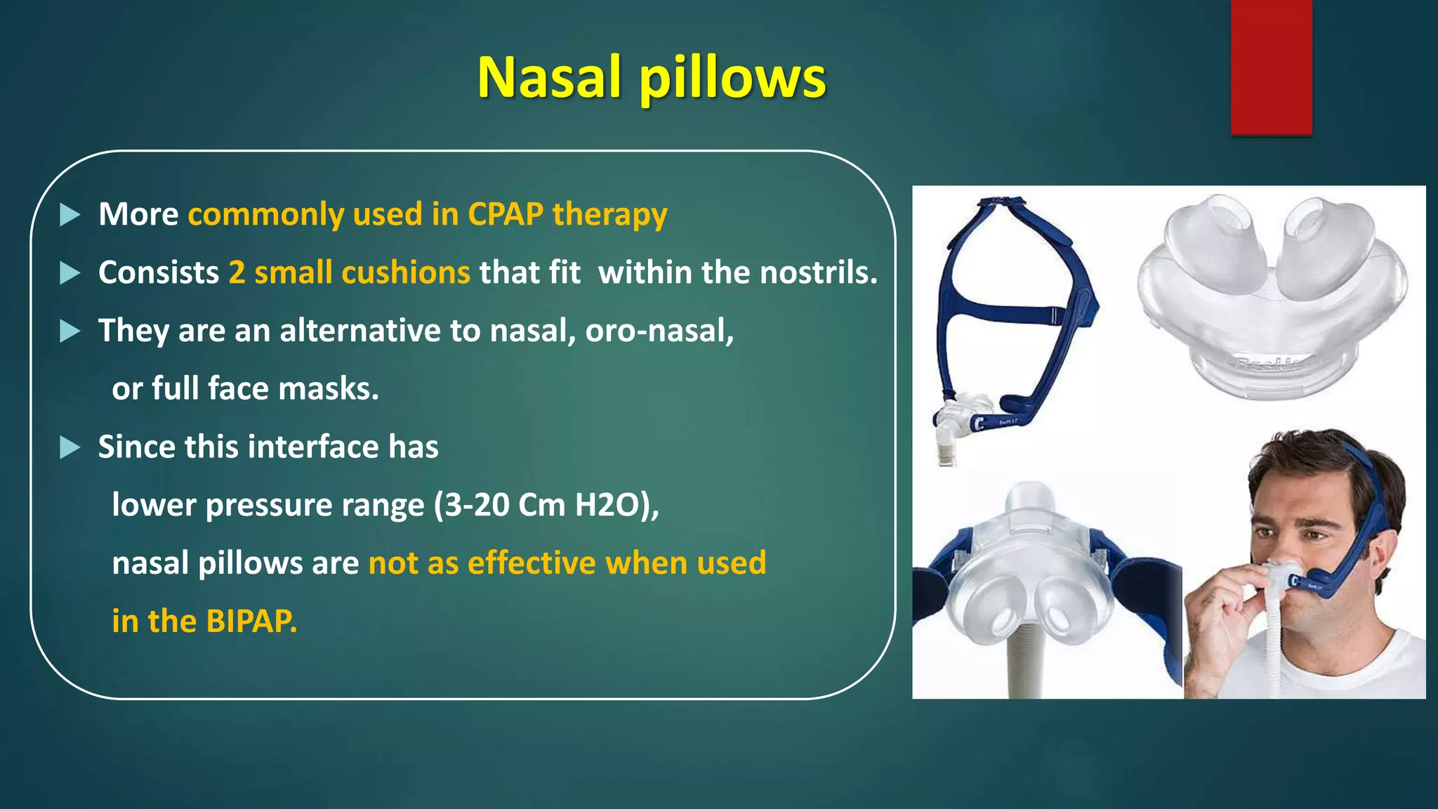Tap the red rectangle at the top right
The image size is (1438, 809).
pyautogui.click(x=1271, y=67)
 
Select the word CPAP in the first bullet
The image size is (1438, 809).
pyautogui.click(x=505, y=214)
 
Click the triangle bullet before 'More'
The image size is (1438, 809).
pyautogui.click(x=70, y=215)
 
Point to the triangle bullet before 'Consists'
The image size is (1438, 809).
pyautogui.click(x=70, y=273)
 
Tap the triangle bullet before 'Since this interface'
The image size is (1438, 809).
pyautogui.click(x=70, y=447)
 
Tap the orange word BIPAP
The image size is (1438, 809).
pyautogui.click(x=251, y=621)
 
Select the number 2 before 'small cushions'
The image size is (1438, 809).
pyautogui.click(x=237, y=272)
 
